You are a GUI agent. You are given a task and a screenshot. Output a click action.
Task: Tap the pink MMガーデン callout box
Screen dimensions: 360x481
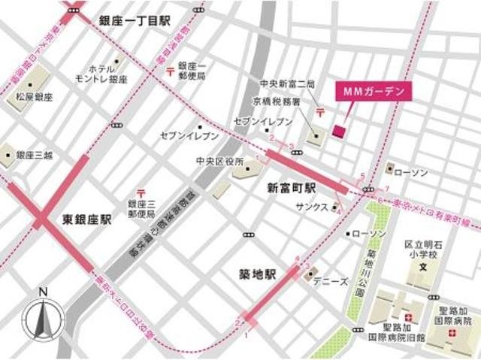tap(374, 92)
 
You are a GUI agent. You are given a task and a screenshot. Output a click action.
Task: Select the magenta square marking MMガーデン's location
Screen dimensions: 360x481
tap(337, 132)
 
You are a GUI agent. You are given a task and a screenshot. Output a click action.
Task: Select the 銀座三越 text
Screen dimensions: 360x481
tap(29, 156)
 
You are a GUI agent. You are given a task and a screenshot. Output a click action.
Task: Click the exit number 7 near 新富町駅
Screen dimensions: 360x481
tap(387, 188)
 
